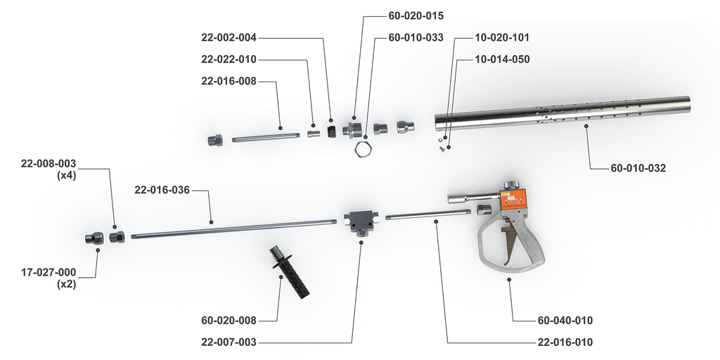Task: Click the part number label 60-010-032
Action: click(638, 168)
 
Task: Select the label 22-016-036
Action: click(162, 190)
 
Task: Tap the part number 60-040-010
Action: click(565, 321)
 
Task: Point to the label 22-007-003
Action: click(229, 342)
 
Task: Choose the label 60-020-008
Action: click(229, 321)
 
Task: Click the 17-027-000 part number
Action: click(49, 272)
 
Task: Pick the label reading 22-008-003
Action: click(49, 164)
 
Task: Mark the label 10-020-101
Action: click(502, 37)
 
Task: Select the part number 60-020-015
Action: click(416, 15)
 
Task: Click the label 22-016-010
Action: click(565, 342)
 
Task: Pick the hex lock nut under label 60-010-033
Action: click(362, 148)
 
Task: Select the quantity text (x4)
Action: click(66, 175)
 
